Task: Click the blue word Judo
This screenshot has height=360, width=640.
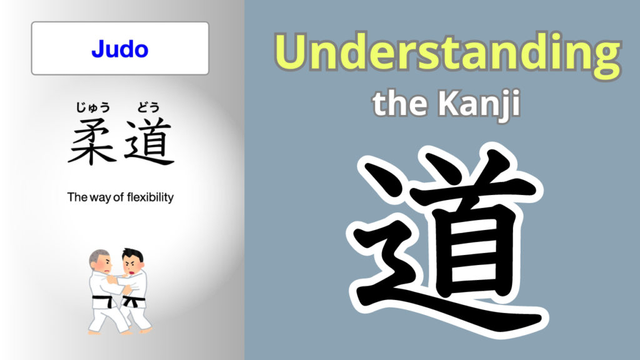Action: tap(120, 48)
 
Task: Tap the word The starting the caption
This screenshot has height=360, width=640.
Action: tap(76, 197)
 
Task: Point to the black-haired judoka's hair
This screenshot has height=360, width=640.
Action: tap(133, 254)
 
